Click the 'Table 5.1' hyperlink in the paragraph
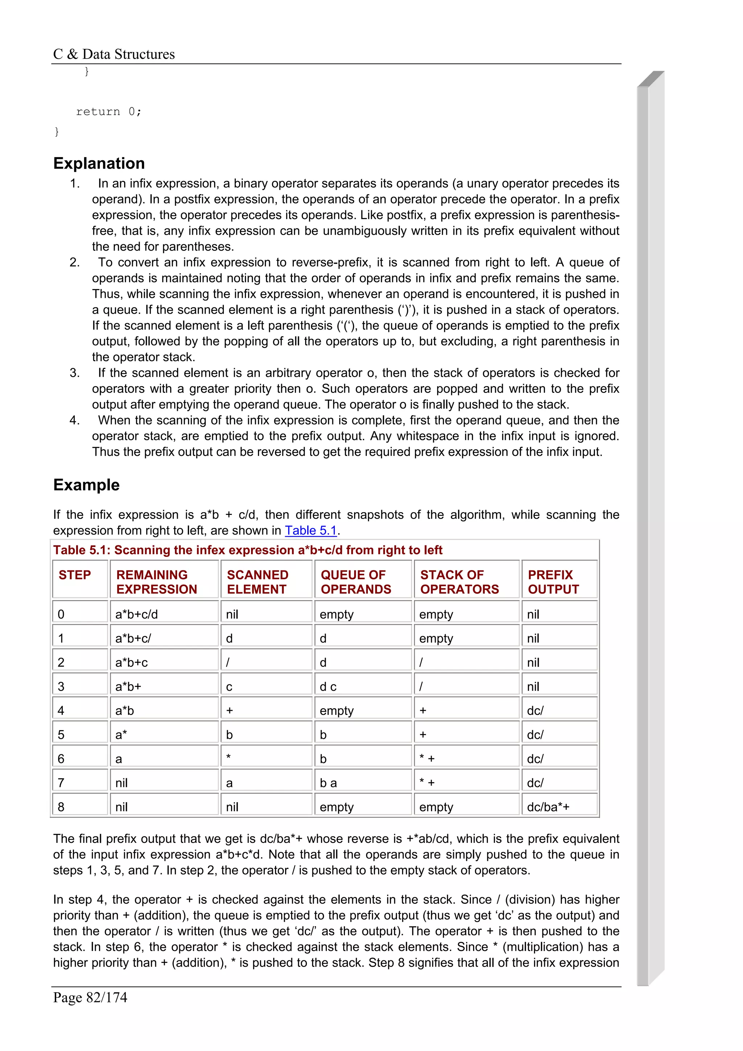tap(311, 530)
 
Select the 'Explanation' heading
tap(99, 164)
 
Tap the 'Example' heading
tap(86, 485)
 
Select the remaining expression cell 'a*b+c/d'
tap(136, 614)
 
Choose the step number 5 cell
tap(61, 735)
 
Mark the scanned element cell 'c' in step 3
tap(229, 687)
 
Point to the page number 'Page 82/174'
tap(90, 997)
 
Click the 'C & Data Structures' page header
tap(114, 54)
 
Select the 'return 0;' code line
tap(108, 112)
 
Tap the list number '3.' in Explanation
tap(75, 372)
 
